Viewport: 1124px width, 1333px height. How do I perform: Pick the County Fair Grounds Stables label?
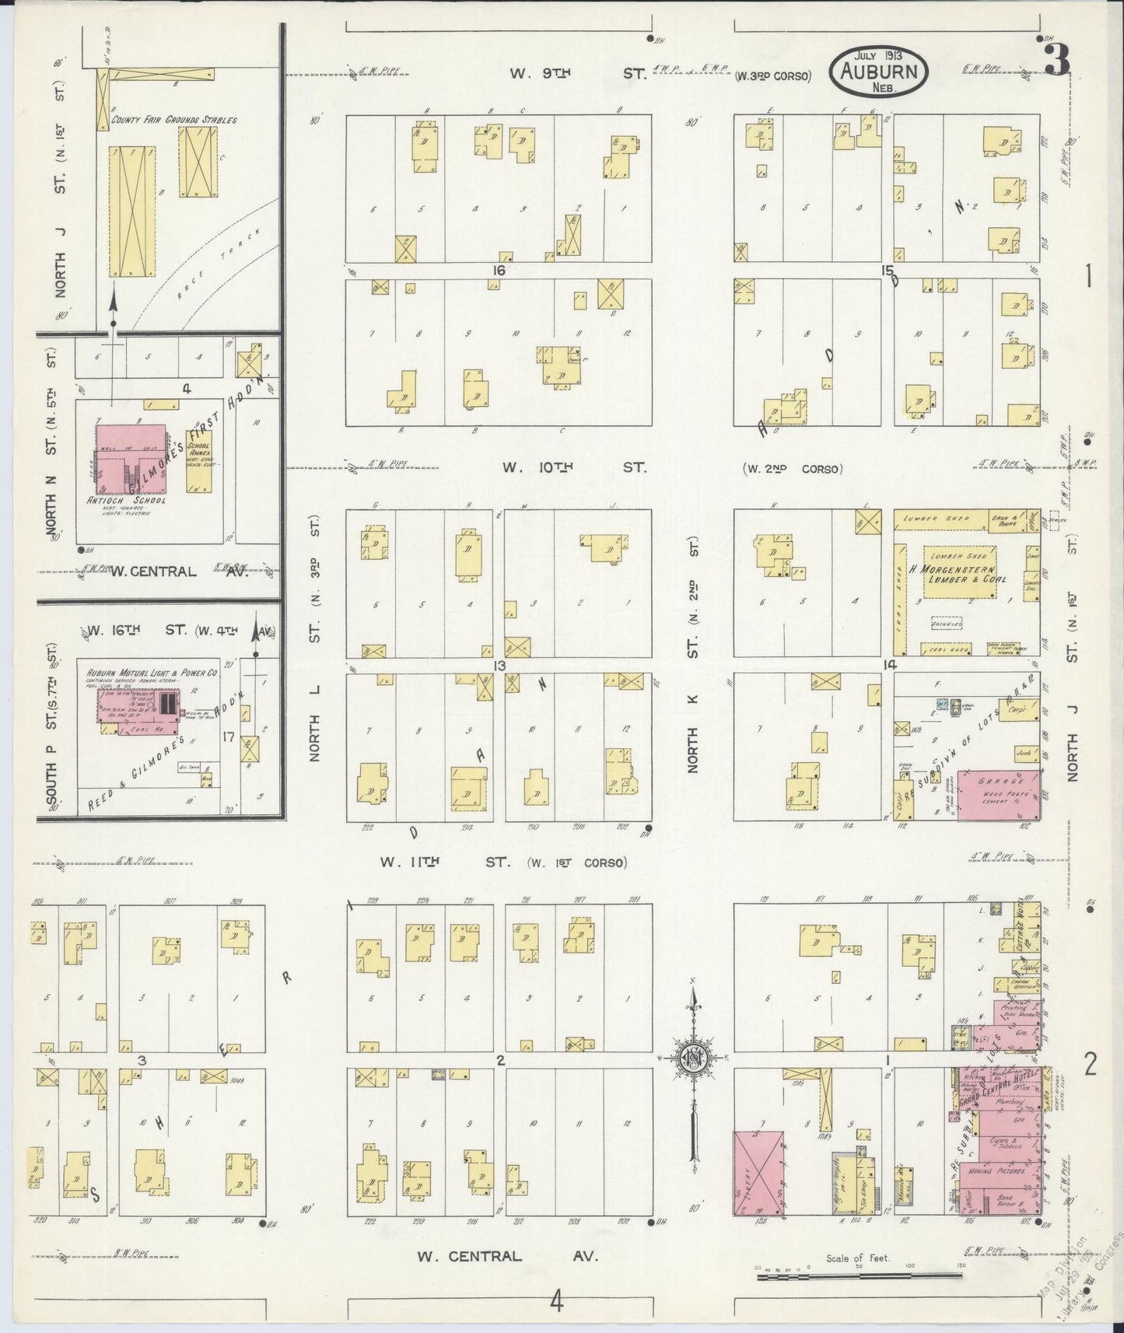tap(173, 121)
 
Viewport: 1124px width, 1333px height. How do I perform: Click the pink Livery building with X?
tap(759, 1173)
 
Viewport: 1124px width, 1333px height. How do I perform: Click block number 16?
tap(498, 271)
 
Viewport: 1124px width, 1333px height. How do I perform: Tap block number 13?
tap(499, 665)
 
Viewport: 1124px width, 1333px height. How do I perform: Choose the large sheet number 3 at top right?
tap(1056, 60)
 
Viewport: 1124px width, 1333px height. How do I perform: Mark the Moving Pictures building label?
tap(998, 1170)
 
